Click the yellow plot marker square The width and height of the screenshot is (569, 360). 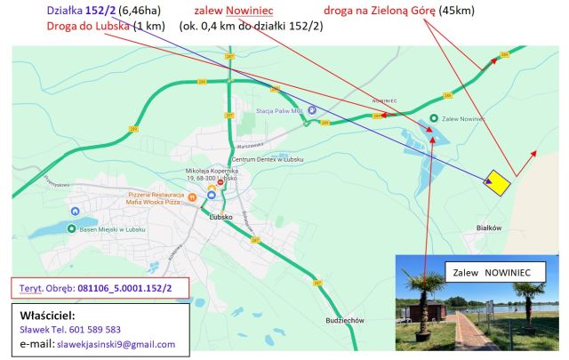click(x=497, y=182)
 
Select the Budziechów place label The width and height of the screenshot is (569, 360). click(x=346, y=320)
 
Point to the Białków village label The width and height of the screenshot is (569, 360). click(x=489, y=228)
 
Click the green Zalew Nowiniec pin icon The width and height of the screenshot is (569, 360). click(x=433, y=118)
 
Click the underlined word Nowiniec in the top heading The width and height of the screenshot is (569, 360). click(x=249, y=10)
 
